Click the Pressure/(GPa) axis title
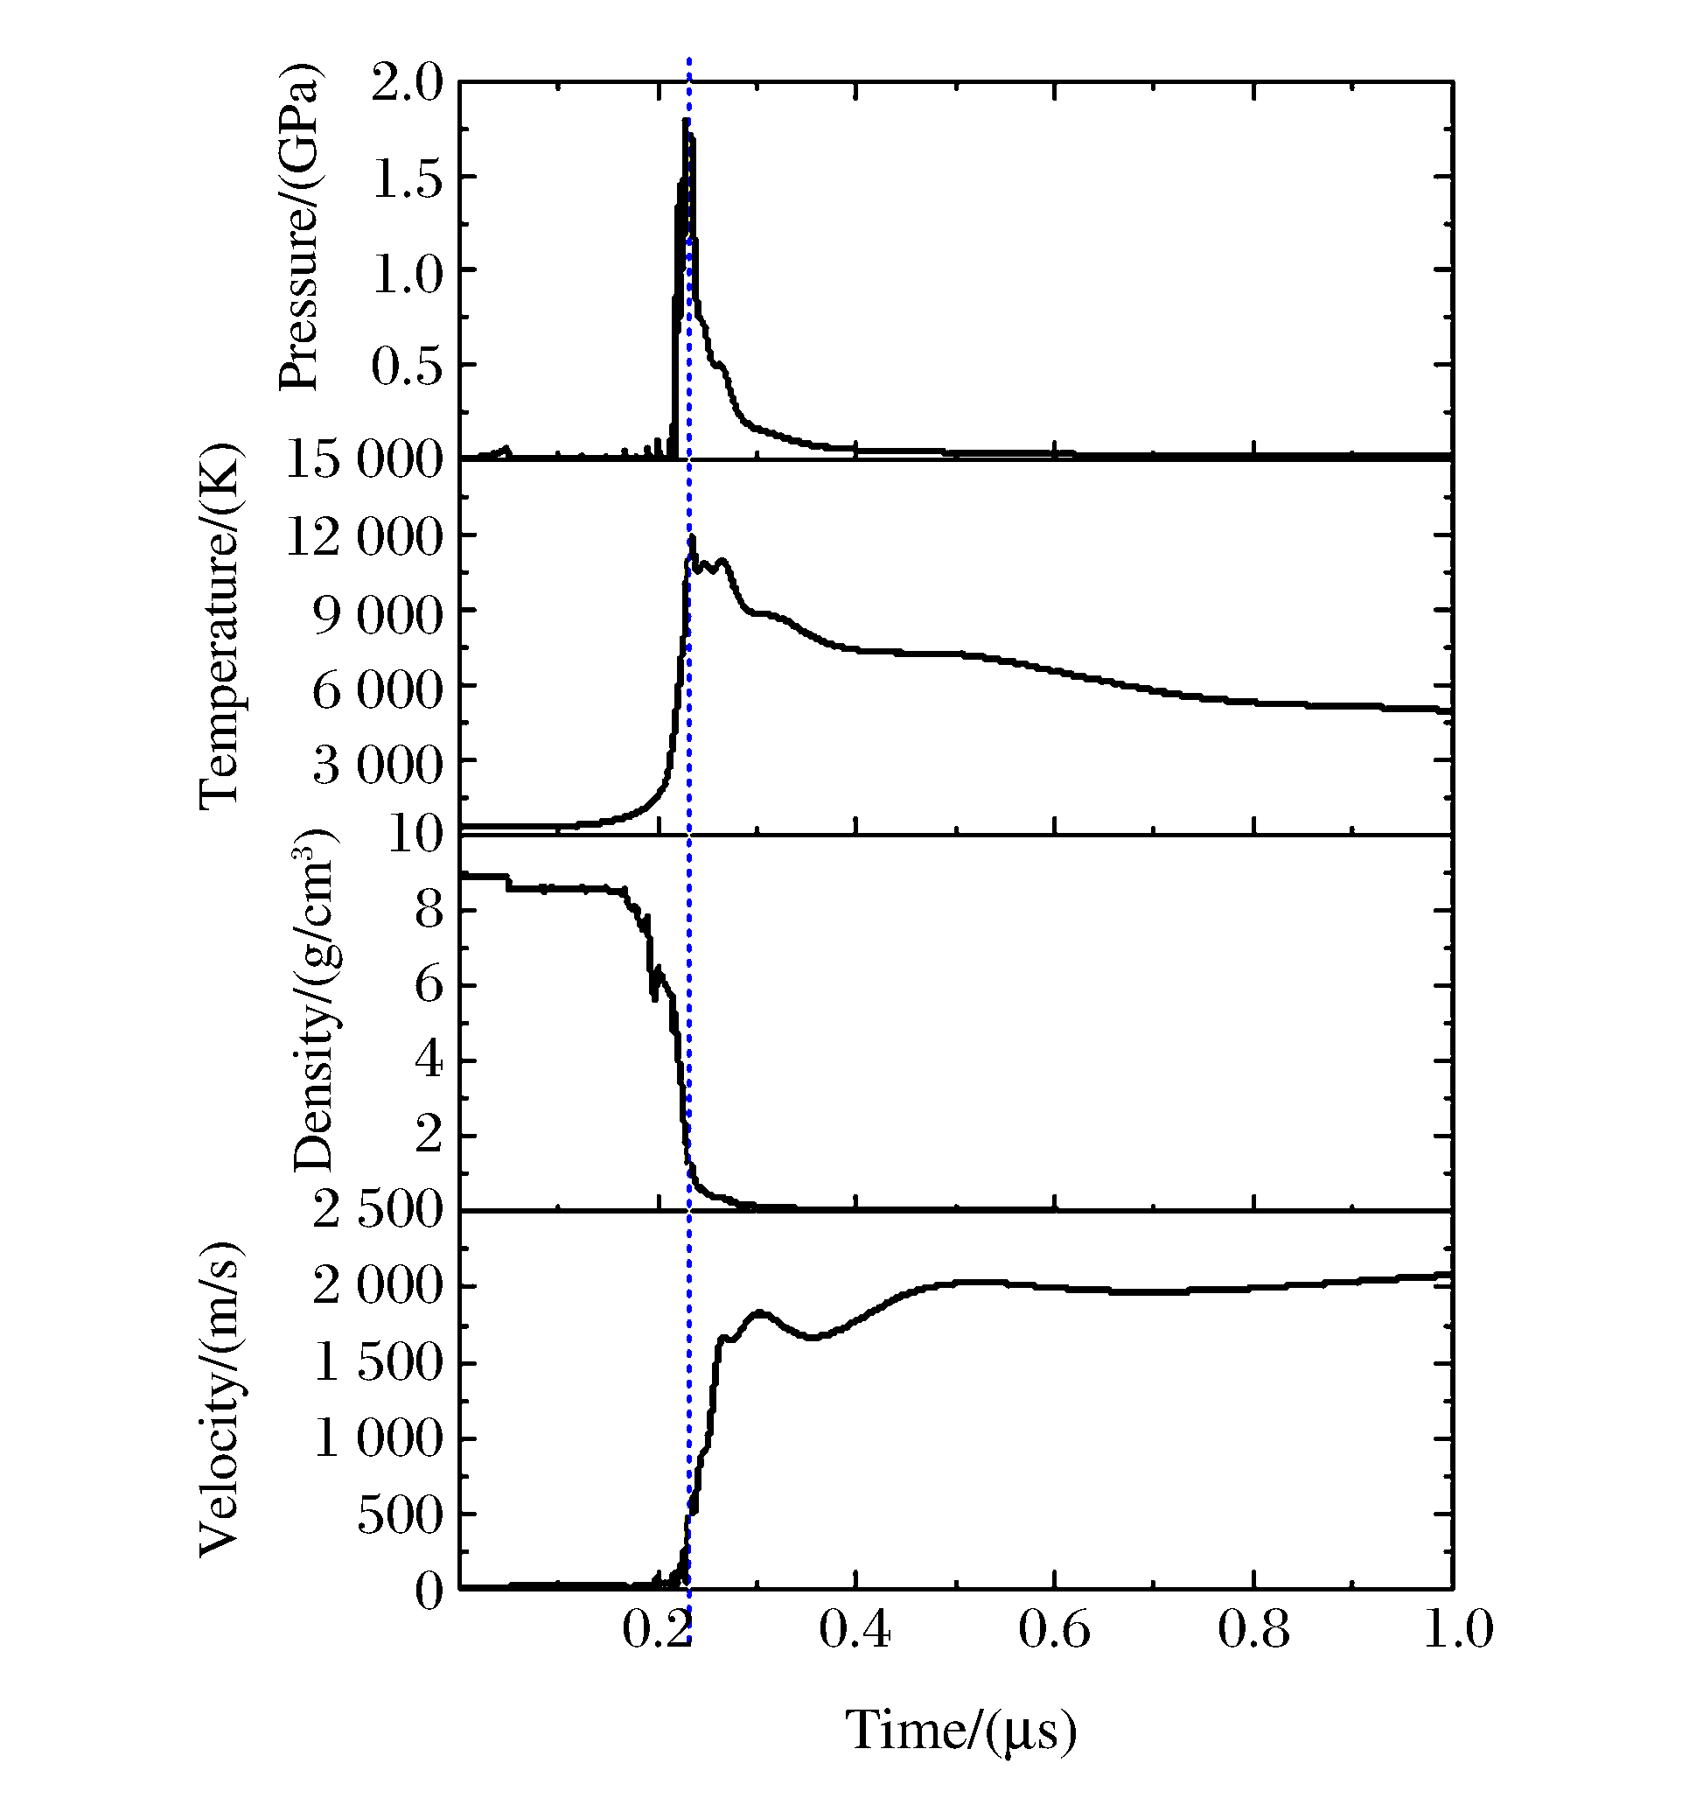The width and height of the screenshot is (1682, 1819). pyautogui.click(x=299, y=227)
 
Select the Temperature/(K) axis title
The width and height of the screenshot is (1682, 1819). pyautogui.click(x=220, y=627)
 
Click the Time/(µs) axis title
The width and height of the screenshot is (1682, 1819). pyautogui.click(x=961, y=1731)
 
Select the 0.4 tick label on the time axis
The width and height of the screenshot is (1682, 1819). pyautogui.click(x=855, y=1631)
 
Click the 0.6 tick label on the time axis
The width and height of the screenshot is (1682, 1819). pyautogui.click(x=1054, y=1631)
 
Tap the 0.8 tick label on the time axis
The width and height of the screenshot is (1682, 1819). pyautogui.click(x=1253, y=1631)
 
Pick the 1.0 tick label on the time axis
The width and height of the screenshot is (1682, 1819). pyautogui.click(x=1457, y=1631)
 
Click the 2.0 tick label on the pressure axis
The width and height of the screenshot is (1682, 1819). pyautogui.click(x=407, y=84)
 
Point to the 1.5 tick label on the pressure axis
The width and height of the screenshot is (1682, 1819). pyautogui.click(x=407, y=178)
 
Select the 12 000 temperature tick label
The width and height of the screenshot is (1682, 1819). pyautogui.click(x=364, y=537)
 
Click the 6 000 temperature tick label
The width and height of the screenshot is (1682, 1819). pyautogui.click(x=377, y=689)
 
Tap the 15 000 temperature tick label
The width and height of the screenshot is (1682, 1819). pyautogui.click(x=364, y=458)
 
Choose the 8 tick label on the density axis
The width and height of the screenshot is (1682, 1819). pyautogui.click(x=429, y=911)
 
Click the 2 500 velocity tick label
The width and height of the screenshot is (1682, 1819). pyautogui.click(x=377, y=1212)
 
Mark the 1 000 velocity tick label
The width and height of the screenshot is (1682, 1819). pyautogui.click(x=377, y=1439)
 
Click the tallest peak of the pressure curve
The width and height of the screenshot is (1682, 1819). pyautogui.click(x=686, y=121)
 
